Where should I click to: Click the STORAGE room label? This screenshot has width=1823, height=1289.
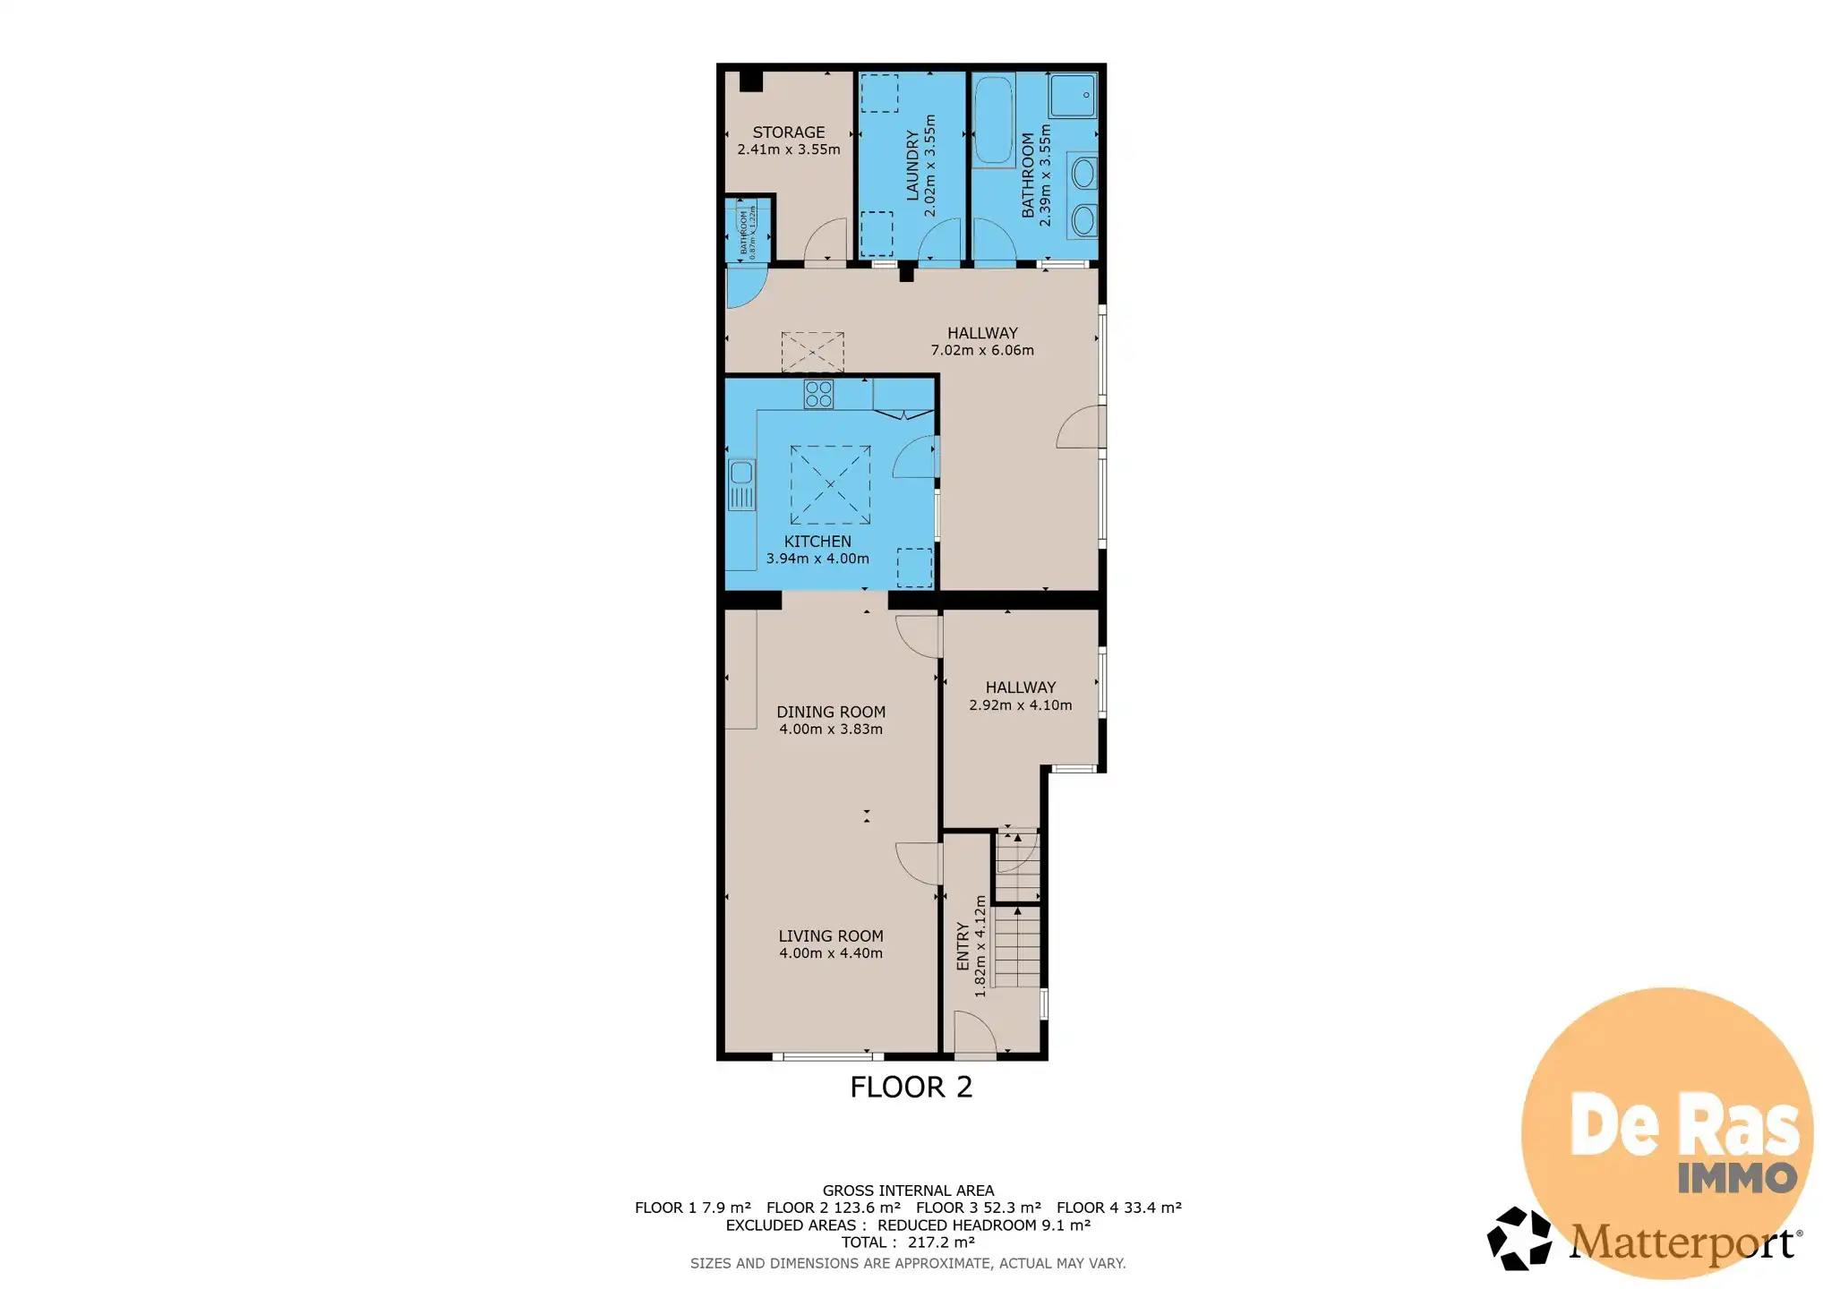pyautogui.click(x=788, y=132)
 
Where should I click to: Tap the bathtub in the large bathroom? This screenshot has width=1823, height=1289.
pyautogui.click(x=993, y=122)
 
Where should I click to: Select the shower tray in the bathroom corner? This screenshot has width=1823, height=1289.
pyautogui.click(x=1073, y=95)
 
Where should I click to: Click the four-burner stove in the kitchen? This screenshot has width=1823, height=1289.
pyautogui.click(x=818, y=394)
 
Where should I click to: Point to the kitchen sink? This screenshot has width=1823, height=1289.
pyautogui.click(x=741, y=484)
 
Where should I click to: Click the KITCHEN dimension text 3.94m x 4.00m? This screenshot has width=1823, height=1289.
pyautogui.click(x=817, y=559)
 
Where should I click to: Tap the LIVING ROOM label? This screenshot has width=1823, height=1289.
pyautogui.click(x=830, y=935)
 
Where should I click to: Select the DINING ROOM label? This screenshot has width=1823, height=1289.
pyautogui.click(x=830, y=712)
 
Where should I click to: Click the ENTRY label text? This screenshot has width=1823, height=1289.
pyautogui.click(x=963, y=946)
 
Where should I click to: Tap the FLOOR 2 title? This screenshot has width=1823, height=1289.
pyautogui.click(x=911, y=1087)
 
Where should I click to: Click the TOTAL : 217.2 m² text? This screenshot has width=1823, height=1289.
pyautogui.click(x=908, y=1242)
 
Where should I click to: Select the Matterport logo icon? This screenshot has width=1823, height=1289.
pyautogui.click(x=1519, y=1239)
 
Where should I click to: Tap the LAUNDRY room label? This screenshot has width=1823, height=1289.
pyautogui.click(x=911, y=165)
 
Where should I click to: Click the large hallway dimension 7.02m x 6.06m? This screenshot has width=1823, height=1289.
pyautogui.click(x=982, y=350)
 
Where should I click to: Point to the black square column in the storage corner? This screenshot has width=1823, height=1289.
pyautogui.click(x=750, y=81)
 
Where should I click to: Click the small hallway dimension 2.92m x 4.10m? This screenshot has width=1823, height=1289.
pyautogui.click(x=1020, y=704)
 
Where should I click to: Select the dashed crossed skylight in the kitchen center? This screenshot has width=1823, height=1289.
pyautogui.click(x=830, y=484)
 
